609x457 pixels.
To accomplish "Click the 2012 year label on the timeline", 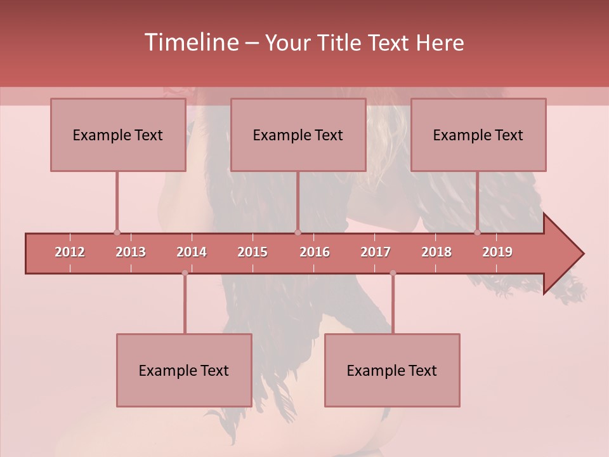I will (70, 252).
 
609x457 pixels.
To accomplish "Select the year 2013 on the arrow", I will (131, 252).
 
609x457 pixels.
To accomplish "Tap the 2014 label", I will (192, 252).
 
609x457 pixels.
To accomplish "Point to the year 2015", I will (252, 252).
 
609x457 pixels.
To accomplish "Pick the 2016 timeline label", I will (315, 252).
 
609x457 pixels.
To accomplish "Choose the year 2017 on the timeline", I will (376, 252).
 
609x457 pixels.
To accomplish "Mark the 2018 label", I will (436, 252).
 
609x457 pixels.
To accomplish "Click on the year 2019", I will (497, 252).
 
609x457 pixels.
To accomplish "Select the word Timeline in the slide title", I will (190, 43).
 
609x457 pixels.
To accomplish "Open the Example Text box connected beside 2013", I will (118, 135).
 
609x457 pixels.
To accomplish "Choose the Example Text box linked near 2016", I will (298, 135).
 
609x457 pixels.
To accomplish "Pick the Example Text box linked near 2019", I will (478, 135).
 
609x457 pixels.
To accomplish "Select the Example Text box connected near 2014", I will (184, 370).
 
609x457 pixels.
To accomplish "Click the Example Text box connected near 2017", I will (392, 370).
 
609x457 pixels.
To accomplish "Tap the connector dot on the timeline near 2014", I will (185, 273).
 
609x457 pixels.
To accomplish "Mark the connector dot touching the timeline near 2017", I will (393, 273).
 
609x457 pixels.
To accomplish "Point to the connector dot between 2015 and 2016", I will (298, 232).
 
